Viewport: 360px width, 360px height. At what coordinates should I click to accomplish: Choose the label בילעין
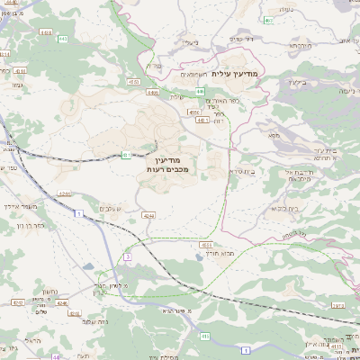(x=298, y=81)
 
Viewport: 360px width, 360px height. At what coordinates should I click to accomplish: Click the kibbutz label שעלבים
(x=113, y=210)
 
